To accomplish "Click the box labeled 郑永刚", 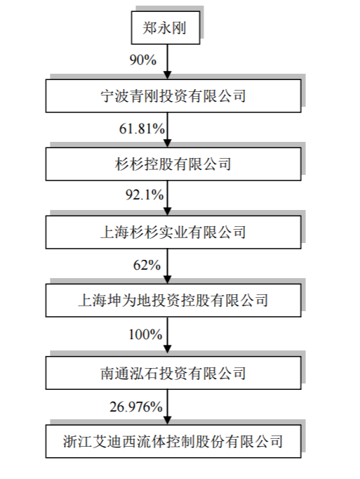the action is tap(166, 28).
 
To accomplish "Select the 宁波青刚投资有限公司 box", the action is tap(173, 96).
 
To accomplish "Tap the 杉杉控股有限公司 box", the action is tap(173, 164).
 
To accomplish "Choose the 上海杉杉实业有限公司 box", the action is tap(173, 232).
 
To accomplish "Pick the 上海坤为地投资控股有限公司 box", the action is tap(173, 301).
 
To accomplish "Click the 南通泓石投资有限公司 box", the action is tap(173, 373).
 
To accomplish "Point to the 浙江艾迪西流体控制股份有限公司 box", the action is tap(173, 442).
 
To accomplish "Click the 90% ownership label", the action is tap(143, 60).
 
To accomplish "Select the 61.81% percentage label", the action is tap(142, 129).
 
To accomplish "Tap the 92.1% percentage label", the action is tap(145, 195).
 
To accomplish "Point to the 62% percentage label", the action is tap(147, 265).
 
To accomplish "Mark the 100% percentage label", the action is tap(145, 334).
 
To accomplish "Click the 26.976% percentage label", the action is tap(136, 407).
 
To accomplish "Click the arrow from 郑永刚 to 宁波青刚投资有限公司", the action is tap(167, 62).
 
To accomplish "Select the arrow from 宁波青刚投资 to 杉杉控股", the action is tap(167, 130).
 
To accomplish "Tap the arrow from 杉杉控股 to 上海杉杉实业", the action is tap(167, 198).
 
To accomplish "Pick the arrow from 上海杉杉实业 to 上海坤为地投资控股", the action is tap(167, 266).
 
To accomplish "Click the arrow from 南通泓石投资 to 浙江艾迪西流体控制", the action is tap(167, 407).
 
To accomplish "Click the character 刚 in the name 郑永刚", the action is tap(179, 28).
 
